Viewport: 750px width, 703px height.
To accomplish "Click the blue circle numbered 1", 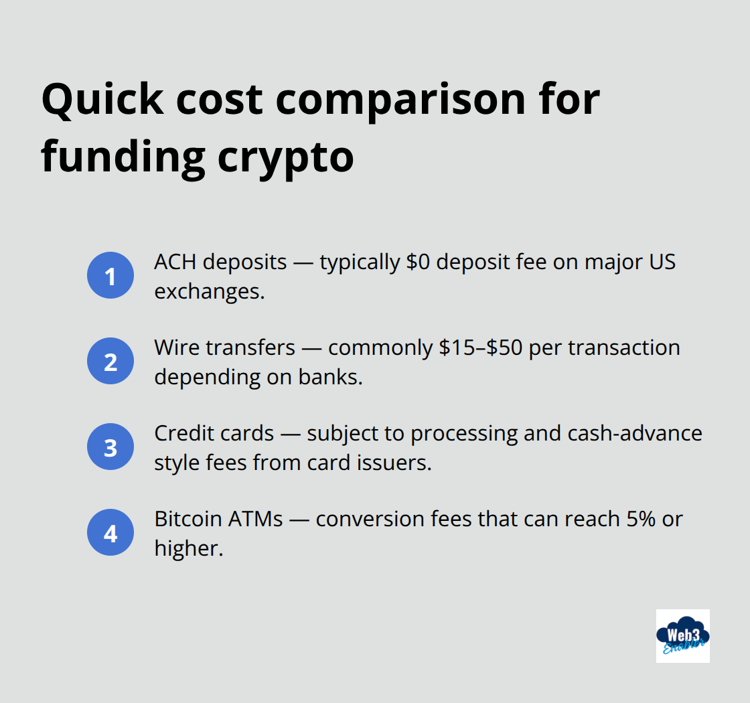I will point(110,276).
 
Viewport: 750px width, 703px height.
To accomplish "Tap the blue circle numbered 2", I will point(110,362).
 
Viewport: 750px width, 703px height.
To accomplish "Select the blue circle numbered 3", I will point(110,447).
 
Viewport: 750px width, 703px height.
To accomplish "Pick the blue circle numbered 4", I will point(110,533).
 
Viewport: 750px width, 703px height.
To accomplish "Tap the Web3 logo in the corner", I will point(682,635).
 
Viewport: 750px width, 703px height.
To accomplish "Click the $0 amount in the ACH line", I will point(419,262).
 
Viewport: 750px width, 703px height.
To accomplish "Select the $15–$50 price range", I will point(481,347).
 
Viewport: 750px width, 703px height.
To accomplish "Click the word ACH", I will point(175,262).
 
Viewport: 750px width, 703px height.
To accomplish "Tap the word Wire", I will point(177,347).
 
